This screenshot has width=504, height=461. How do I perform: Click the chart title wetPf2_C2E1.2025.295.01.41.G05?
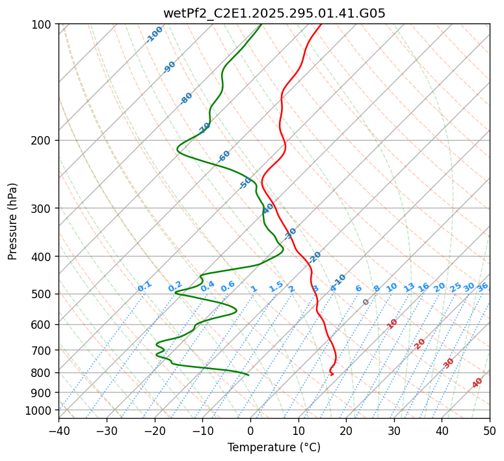(274, 13)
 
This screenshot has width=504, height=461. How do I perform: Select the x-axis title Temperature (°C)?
(274, 448)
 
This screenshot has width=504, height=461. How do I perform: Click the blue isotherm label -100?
(155, 35)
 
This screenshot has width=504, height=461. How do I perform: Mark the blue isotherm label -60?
(224, 156)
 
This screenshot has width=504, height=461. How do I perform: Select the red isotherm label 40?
(477, 383)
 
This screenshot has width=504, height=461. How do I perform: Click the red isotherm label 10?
(392, 324)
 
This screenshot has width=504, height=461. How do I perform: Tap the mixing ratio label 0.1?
(144, 286)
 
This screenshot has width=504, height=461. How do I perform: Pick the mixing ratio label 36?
(483, 286)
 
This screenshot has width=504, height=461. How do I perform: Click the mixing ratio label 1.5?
(276, 286)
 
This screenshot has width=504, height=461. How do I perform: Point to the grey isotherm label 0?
(366, 302)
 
